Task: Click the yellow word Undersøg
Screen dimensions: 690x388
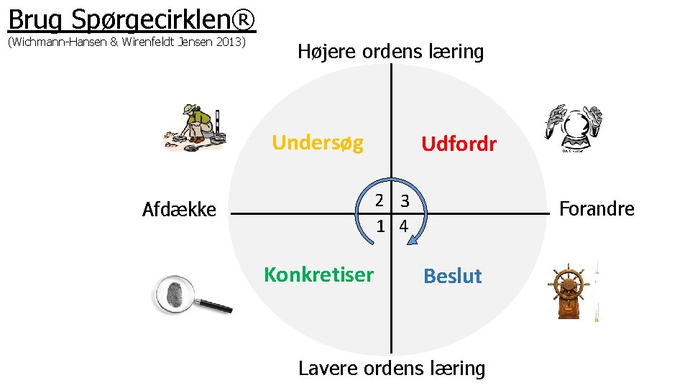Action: [x=318, y=142]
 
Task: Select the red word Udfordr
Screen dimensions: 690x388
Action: [x=459, y=144]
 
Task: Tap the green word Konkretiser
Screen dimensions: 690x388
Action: [x=318, y=274]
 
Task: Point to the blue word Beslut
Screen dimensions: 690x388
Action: [x=453, y=276]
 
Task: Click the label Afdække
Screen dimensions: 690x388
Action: [x=179, y=210]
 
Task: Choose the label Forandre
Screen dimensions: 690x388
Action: [x=597, y=209]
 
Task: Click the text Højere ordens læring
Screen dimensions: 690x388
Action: [x=390, y=52]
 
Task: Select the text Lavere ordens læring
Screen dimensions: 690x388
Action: [x=392, y=369]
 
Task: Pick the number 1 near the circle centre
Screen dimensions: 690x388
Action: [x=382, y=226]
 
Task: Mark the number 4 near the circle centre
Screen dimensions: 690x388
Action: [x=403, y=226]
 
